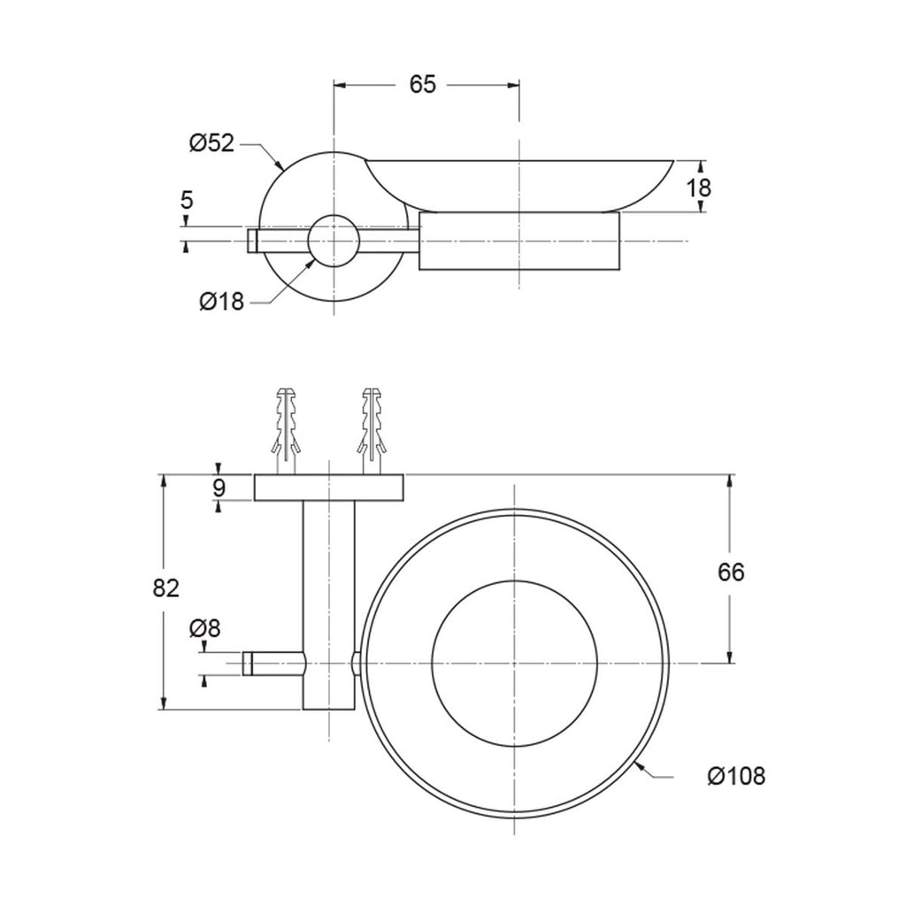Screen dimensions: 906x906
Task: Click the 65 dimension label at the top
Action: pos(422,84)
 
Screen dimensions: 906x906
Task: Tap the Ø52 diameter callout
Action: pos(212,142)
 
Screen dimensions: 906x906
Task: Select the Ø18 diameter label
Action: pos(222,301)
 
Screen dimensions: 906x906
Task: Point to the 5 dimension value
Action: pos(187,201)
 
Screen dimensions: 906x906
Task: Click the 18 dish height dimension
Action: pos(700,188)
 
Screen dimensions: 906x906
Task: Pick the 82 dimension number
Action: pos(166,588)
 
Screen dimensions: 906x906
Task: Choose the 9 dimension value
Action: pos(219,488)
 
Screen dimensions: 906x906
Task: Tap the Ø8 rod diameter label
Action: pos(205,628)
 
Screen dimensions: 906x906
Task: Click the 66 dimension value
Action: pos(731,572)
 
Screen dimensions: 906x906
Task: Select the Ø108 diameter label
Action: pos(736,776)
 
